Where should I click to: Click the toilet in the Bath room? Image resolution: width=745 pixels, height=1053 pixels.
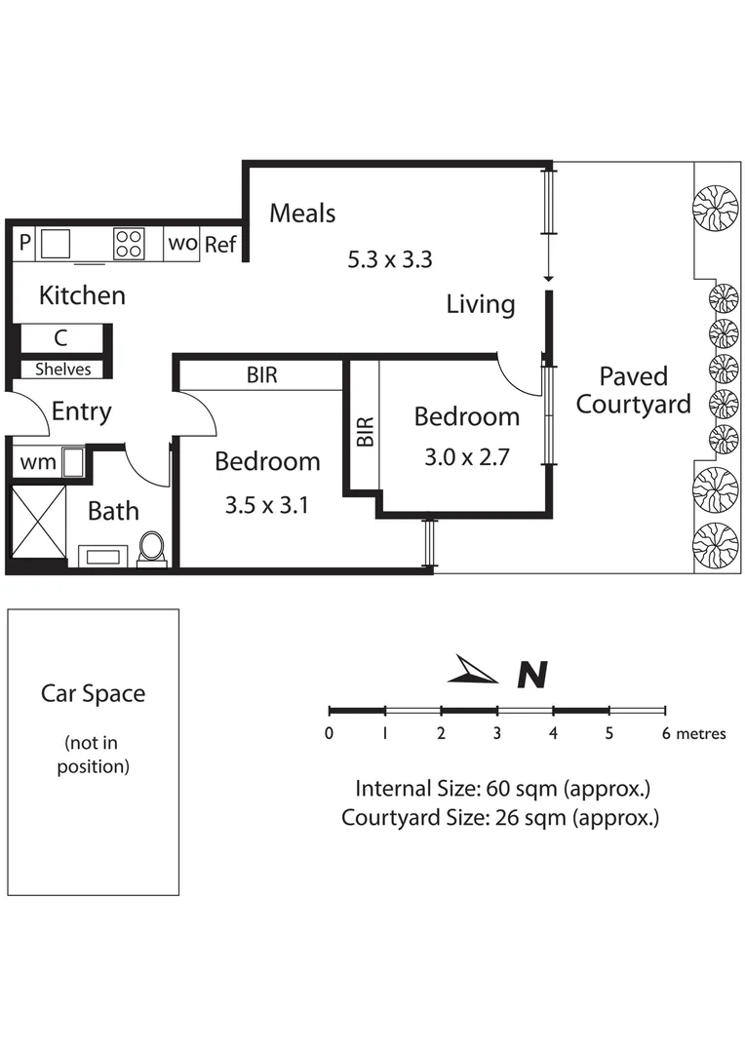[151, 547]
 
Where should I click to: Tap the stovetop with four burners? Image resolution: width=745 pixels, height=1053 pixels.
[129, 243]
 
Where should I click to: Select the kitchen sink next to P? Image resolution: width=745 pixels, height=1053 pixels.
[56, 243]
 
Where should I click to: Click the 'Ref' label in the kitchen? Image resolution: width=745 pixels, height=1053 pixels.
[220, 244]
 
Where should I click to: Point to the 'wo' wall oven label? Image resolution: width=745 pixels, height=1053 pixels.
[182, 243]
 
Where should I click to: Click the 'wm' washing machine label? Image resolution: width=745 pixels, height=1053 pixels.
[38, 461]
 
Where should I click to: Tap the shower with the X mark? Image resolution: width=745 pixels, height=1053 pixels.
[36, 522]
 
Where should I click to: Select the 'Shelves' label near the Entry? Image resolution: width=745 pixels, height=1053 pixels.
[62, 370]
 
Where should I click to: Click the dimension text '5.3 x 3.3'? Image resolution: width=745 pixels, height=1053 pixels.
[389, 260]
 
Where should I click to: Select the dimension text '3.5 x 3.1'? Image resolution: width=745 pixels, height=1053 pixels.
[266, 505]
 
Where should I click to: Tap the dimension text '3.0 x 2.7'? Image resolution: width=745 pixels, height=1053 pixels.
[466, 457]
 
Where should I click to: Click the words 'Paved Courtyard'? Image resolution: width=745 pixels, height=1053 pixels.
[633, 390]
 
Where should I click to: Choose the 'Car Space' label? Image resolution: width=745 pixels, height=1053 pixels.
[93, 694]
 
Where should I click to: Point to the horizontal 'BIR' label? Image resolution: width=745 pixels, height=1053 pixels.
[261, 375]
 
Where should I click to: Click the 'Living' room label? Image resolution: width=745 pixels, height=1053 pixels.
[480, 304]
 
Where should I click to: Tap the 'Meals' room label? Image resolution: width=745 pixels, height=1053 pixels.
[302, 213]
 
